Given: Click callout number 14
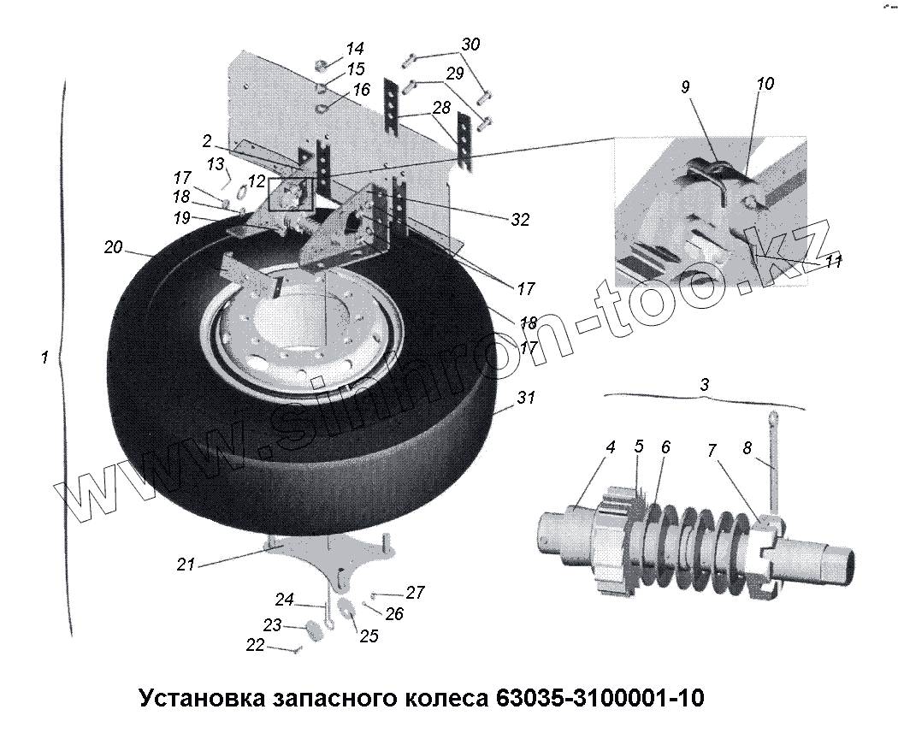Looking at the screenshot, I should click(355, 48).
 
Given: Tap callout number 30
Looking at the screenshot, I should click(471, 44).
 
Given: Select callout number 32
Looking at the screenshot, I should click(520, 220).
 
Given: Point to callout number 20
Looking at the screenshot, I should click(114, 248).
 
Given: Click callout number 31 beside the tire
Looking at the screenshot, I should click(525, 398).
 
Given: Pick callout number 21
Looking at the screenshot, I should click(186, 565).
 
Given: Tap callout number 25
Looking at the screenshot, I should click(369, 636).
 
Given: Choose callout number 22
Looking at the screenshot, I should click(255, 646).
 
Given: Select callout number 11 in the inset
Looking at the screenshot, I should click(833, 262).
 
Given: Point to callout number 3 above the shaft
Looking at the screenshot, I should click(704, 385).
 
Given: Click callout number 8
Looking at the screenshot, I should click(747, 447).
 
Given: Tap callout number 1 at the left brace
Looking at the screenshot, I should click(44, 358).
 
